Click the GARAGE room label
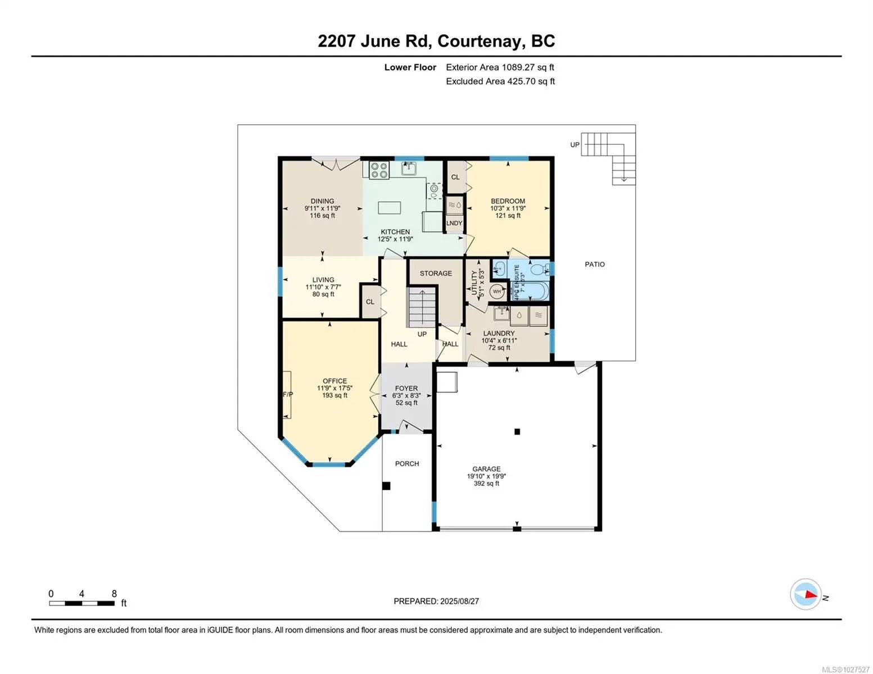486,468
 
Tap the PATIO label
595,264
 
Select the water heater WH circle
497,292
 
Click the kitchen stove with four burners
379,170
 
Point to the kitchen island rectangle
390,208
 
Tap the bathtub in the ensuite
529,291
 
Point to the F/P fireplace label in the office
288,394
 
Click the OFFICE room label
334,381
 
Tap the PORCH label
407,463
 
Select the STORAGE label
436,273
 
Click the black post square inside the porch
386,486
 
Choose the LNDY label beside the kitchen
454,223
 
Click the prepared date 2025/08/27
459,601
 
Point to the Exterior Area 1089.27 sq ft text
500,67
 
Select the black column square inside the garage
517,431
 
